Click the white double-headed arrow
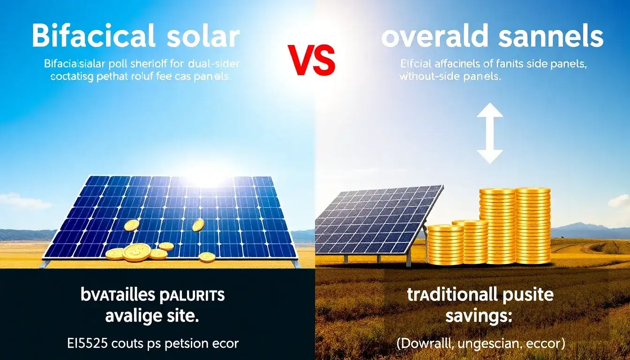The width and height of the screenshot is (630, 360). (x=489, y=134)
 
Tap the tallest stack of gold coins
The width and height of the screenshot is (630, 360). (x=533, y=225)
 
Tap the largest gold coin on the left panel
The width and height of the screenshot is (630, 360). (x=137, y=252)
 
